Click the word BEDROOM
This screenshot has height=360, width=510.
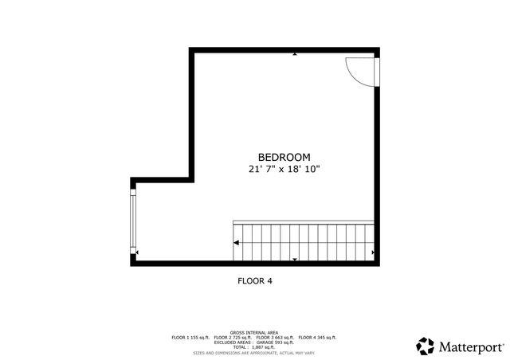click(x=284, y=157)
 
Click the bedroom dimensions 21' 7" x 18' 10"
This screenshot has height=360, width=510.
click(x=284, y=169)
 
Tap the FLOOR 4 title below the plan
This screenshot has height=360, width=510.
click(x=255, y=280)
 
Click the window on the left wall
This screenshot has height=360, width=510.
click(x=133, y=218)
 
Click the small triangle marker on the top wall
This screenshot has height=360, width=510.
click(x=295, y=54)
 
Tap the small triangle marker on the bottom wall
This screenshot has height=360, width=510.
click(x=295, y=260)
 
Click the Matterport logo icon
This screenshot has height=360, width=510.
click(x=426, y=346)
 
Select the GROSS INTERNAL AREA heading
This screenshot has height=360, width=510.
click(x=254, y=332)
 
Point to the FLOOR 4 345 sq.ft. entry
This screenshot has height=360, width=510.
click(x=317, y=338)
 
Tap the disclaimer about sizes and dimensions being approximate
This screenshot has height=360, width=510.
click(x=255, y=352)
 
